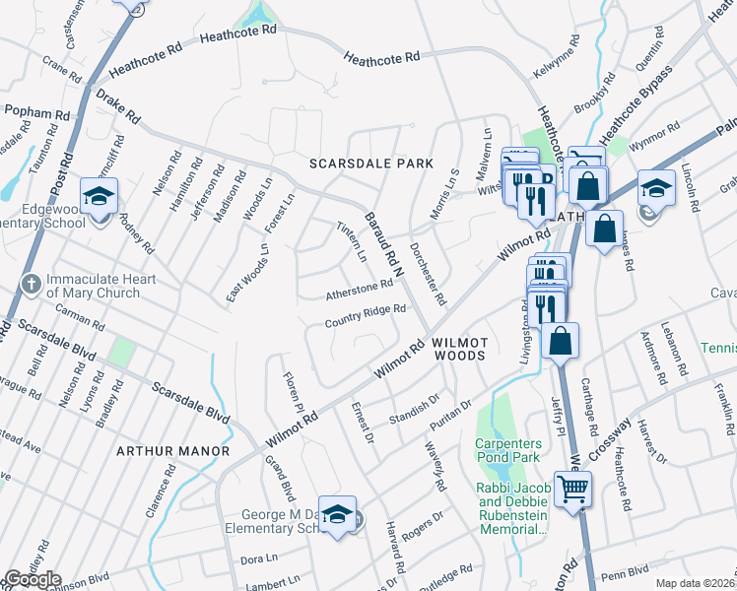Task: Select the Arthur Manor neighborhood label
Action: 172,451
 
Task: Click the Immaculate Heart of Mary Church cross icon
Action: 31,285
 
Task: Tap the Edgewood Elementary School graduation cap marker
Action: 100,197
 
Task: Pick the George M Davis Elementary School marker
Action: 337,514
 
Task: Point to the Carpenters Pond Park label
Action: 514,451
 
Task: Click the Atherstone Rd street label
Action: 360,288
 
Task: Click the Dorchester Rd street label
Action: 428,273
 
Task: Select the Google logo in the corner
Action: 33,579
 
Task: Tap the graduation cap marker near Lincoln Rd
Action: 656,188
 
